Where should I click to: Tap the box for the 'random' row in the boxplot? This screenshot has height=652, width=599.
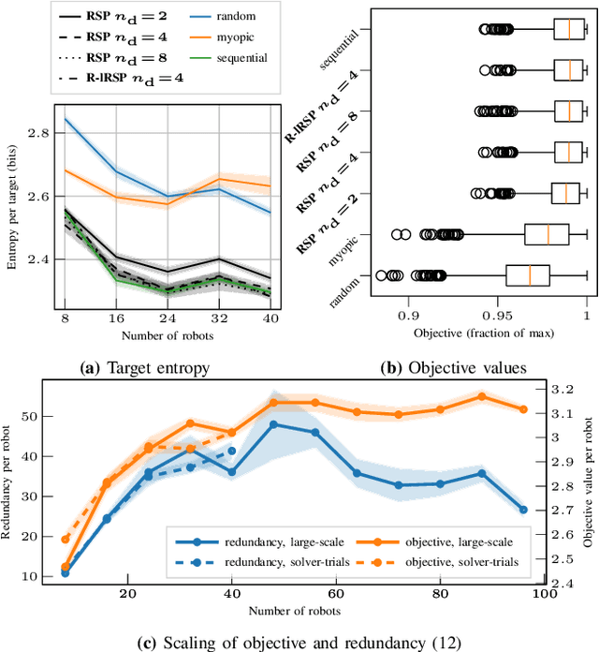[527, 275]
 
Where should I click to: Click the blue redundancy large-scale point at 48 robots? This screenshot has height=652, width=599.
[274, 424]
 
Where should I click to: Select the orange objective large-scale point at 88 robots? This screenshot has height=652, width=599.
[482, 396]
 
